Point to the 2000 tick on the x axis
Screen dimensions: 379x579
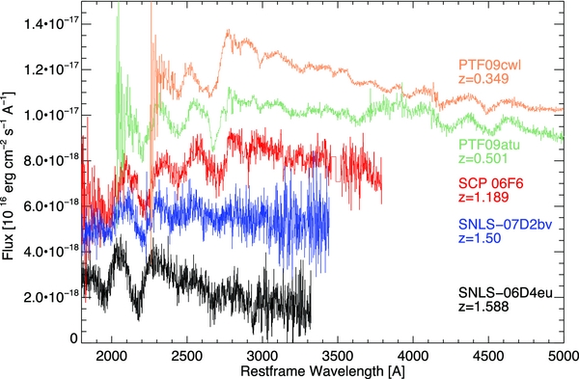click(113, 354)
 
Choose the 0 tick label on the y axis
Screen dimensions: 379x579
click(72, 338)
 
